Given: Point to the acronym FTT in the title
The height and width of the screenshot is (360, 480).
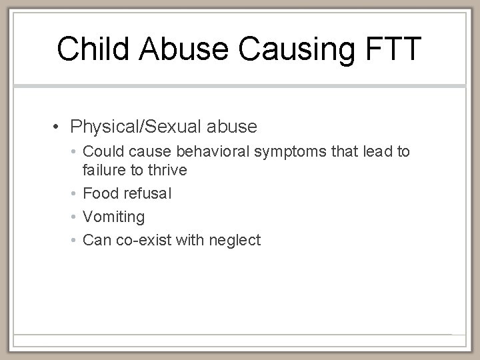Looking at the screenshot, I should coord(395,49).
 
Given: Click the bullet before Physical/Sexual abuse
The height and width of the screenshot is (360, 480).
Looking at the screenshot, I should coord(59,126).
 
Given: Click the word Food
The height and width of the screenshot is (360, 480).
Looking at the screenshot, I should coord(99,194).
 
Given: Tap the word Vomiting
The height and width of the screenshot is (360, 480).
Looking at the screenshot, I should coord(113,217).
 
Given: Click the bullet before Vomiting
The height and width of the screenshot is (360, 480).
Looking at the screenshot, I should coord(74,217).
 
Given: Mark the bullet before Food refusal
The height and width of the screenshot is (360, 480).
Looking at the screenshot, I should coord(74,194).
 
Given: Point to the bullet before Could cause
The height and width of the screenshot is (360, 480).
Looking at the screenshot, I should coord(74,153).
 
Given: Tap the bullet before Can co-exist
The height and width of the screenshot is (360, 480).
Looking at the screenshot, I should coord(74,240).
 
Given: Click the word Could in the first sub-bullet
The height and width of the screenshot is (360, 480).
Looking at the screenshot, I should coord(101,153).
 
